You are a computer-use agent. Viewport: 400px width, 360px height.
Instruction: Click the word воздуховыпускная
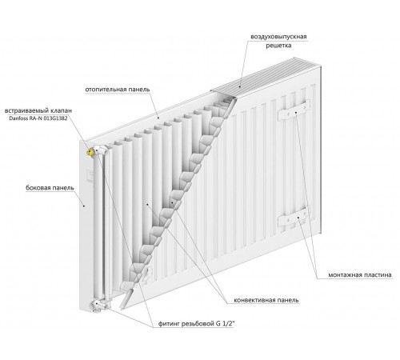[278, 37]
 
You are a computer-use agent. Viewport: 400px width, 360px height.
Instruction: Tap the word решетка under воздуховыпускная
[278, 46]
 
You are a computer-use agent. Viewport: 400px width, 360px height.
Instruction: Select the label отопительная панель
[118, 90]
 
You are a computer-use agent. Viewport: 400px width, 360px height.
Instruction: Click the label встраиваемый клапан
[38, 110]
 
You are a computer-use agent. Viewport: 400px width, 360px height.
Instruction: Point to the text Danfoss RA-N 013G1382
[38, 118]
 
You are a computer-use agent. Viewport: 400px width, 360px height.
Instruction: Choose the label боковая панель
[50, 188]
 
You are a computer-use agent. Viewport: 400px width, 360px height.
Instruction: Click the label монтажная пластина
[360, 275]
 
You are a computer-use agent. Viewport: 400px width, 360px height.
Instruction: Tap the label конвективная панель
[266, 300]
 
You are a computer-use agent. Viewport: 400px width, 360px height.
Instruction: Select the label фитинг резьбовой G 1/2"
[197, 324]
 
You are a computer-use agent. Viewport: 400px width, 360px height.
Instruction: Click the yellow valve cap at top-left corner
[90, 152]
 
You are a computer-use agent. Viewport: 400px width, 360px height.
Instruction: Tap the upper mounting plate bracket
[294, 110]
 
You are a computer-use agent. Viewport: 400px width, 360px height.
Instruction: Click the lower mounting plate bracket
[294, 218]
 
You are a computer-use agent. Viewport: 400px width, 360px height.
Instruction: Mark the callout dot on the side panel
[84, 206]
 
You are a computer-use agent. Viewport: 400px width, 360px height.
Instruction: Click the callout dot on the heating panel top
[158, 118]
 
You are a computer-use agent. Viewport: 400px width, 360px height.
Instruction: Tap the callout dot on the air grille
[240, 86]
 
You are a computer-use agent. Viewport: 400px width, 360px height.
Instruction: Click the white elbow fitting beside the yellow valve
[101, 150]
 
